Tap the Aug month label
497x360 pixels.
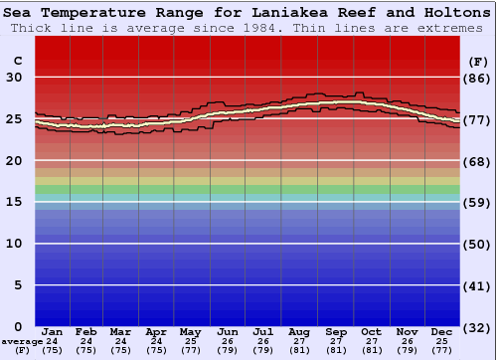(299, 331)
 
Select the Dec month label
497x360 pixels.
(442, 331)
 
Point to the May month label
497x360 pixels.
(189, 331)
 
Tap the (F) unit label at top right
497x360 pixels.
(479, 61)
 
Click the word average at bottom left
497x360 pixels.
(21, 341)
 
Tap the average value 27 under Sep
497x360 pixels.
(336, 341)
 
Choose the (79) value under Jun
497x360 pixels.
(228, 350)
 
